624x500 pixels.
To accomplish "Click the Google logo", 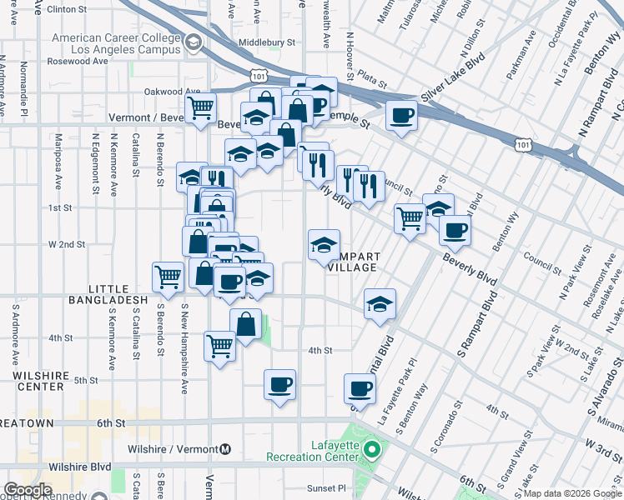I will click(28, 490).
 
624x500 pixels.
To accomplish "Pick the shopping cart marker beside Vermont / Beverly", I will click(200, 108).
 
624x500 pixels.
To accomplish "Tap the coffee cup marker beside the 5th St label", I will click(279, 384).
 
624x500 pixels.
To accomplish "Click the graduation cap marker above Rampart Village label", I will click(324, 244).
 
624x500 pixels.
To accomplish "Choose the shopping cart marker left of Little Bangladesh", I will click(168, 277).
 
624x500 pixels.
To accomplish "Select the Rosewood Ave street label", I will click(79, 62).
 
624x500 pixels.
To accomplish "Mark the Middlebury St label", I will click(267, 42).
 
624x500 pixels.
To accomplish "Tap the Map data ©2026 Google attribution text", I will click(572, 493).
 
